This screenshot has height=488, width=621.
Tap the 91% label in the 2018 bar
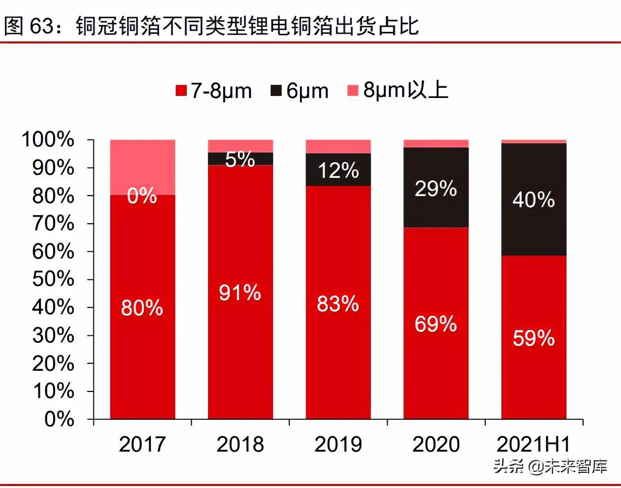[x=240, y=293]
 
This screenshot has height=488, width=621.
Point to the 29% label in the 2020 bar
[x=436, y=189]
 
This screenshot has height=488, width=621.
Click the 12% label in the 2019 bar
[x=338, y=171]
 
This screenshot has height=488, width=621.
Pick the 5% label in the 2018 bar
[x=240, y=159]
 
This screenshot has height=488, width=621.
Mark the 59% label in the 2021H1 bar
[x=534, y=338]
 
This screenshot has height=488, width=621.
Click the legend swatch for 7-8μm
[x=181, y=91]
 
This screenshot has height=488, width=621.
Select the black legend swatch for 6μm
[x=276, y=91]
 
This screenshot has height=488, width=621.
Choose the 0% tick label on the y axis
[x=60, y=419]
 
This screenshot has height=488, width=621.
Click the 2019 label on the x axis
[x=338, y=445]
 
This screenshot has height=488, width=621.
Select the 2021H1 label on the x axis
[x=534, y=445]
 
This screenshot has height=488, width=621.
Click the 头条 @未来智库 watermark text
[x=550, y=467]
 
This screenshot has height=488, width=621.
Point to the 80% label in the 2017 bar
[x=142, y=308]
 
